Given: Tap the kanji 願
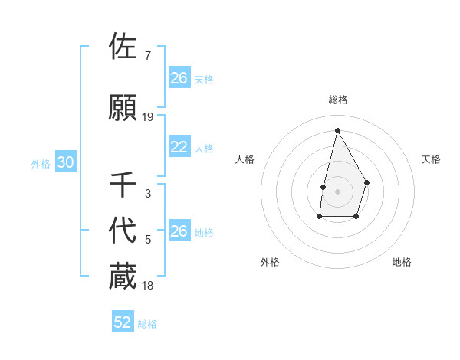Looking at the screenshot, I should [123, 108].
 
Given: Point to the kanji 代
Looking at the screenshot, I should [123, 231].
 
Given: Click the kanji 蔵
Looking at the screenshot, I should [123, 277].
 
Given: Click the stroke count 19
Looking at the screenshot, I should [148, 117].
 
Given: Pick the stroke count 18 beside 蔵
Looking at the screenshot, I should [148, 286].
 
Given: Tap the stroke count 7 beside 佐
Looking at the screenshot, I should [148, 56].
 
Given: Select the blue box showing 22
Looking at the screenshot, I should [179, 148].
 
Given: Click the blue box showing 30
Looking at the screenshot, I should [65, 163].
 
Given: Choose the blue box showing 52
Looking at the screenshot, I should [123, 323].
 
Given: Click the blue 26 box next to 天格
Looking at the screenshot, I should [179, 78].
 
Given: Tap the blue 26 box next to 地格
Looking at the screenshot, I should [179, 231].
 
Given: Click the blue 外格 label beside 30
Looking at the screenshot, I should [41, 164].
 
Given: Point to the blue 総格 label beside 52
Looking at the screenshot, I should [147, 324].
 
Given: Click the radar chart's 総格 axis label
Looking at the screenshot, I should [337, 100].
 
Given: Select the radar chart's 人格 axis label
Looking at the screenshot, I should [245, 159].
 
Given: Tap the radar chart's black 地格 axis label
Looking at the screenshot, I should [402, 262].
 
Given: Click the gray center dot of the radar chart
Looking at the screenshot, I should [337, 191].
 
